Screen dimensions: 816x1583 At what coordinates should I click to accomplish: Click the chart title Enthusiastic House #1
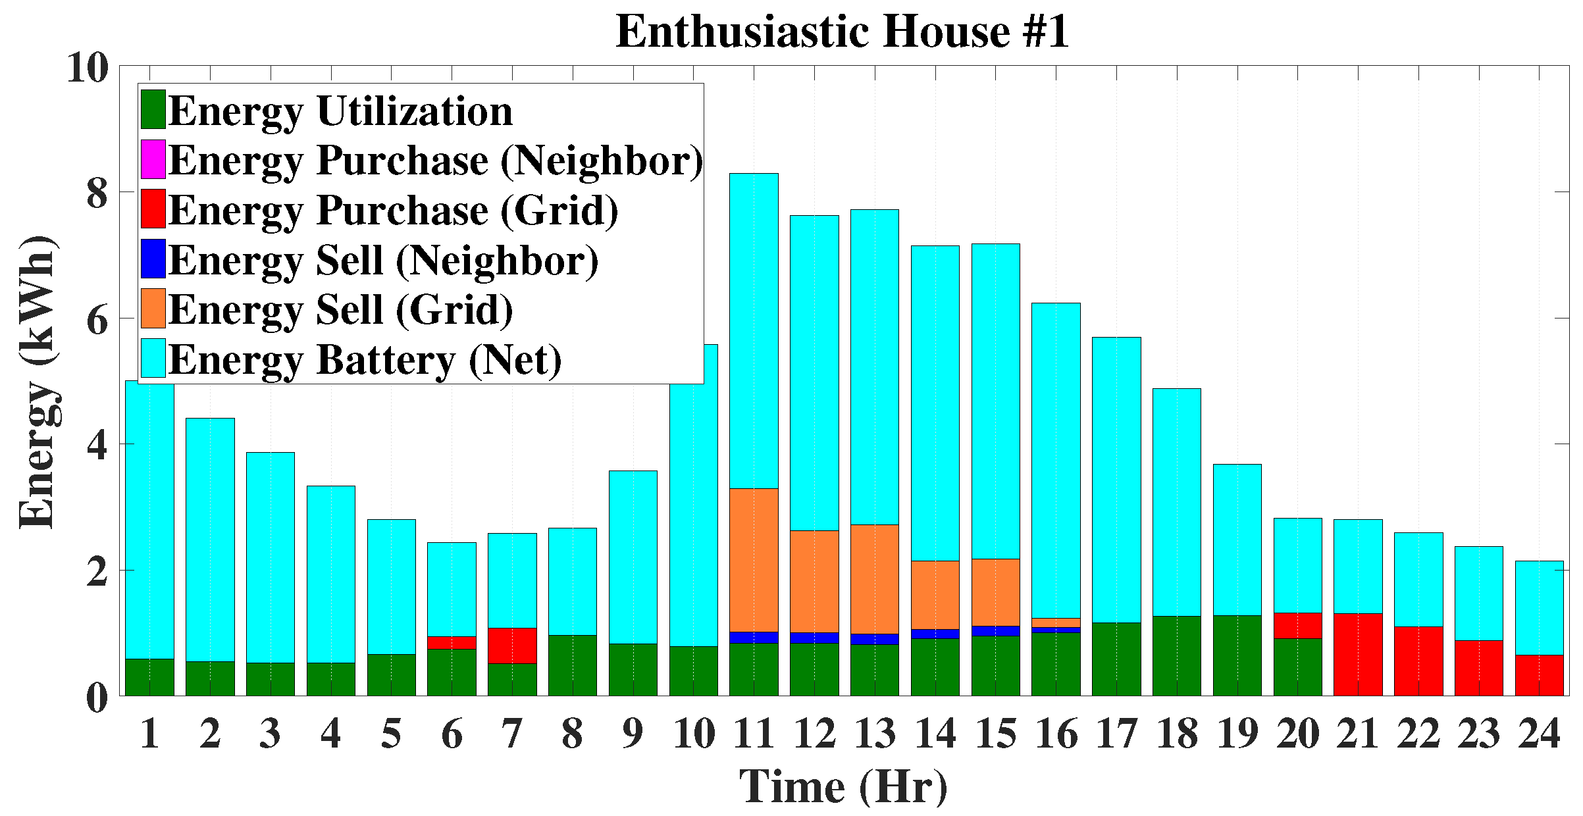coord(843,32)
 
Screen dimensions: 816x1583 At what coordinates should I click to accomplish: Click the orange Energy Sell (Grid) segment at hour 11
coord(754,559)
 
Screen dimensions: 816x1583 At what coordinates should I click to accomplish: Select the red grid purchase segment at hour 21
coord(1358,654)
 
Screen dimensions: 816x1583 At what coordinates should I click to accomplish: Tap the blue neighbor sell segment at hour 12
coord(814,638)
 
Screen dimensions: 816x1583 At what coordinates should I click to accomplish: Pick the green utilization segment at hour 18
coord(1177,655)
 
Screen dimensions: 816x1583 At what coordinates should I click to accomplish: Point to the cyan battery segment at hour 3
coord(271,557)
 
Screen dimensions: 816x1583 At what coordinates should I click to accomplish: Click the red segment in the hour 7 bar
coord(512,646)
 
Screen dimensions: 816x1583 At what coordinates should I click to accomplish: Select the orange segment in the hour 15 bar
coord(996,592)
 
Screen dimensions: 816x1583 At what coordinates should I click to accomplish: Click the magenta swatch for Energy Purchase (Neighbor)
coord(153,159)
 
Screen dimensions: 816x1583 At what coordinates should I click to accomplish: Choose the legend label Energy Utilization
coord(340,111)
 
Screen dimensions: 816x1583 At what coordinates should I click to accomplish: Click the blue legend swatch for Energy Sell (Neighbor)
coord(153,259)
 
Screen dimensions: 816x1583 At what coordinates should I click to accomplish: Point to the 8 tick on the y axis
coord(97,193)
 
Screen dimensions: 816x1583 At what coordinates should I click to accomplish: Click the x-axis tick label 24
coord(1540,734)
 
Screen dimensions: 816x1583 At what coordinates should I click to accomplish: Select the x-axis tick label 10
coord(694,734)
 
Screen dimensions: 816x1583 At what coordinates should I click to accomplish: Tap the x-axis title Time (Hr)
coord(843,786)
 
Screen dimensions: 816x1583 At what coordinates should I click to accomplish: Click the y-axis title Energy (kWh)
coord(38,382)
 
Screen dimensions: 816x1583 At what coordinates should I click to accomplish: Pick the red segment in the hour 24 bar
coord(1540,675)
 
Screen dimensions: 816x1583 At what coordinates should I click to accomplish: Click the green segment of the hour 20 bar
coord(1298,667)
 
